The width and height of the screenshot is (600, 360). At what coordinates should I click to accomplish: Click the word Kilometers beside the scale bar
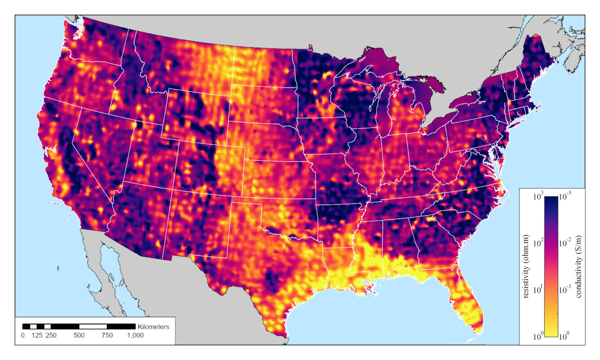coord(154,327)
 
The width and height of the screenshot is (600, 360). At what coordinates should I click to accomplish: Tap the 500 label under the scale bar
coord(79,335)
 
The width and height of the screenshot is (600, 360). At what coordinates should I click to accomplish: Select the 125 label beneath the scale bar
coord(37,335)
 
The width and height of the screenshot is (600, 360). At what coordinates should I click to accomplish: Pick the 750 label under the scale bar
coord(107,335)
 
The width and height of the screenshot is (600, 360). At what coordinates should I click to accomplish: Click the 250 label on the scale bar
coord(51,335)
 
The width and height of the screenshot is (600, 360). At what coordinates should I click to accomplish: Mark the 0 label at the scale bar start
coord(23,335)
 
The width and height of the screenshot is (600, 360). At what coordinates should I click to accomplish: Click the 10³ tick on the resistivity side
coord(538,197)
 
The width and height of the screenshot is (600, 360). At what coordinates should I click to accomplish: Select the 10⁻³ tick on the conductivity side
coord(566,197)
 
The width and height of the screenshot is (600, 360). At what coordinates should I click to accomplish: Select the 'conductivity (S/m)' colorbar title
coord(579,267)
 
